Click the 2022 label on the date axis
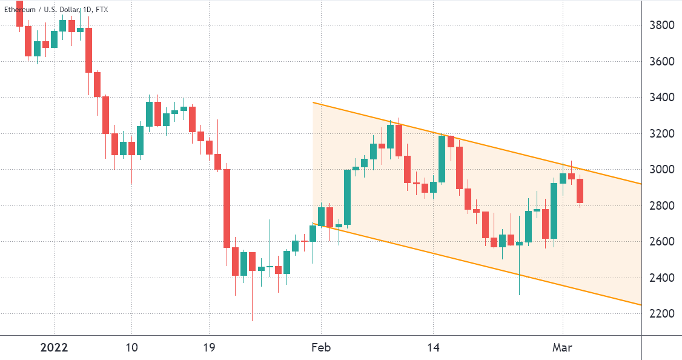tap(54, 348)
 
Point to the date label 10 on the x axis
tap(131, 348)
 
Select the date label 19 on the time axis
tap(209, 348)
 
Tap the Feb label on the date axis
tap(321, 348)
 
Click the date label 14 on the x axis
tap(433, 348)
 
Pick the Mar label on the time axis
tap(563, 348)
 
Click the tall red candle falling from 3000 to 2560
tap(227, 208)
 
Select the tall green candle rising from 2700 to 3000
tap(348, 197)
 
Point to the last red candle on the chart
tap(580, 190)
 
